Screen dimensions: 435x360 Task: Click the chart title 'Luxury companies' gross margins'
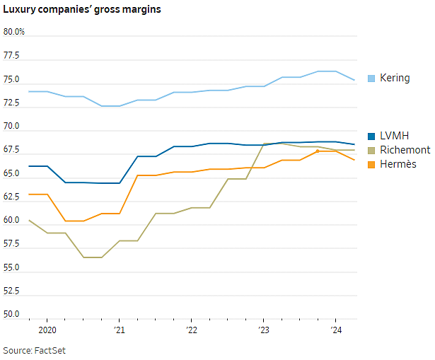click(82, 9)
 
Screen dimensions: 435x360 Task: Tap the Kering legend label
click(395, 78)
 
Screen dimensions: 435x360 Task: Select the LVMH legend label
click(394, 136)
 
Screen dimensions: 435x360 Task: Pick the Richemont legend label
click(405, 150)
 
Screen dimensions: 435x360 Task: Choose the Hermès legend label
click(398, 164)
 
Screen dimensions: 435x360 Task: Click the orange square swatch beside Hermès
click(371, 165)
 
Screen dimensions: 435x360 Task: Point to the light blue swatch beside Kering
click(371, 79)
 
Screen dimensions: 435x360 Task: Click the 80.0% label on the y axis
click(14, 32)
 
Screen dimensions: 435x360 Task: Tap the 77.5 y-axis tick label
click(11, 56)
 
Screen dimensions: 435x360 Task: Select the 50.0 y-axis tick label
click(11, 314)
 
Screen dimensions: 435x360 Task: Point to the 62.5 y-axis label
click(11, 197)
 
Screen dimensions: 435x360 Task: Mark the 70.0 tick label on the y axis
click(11, 126)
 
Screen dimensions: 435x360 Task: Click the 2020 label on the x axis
click(47, 330)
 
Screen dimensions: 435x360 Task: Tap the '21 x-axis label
click(120, 330)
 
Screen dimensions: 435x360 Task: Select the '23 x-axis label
click(264, 330)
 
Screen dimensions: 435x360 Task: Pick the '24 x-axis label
click(336, 330)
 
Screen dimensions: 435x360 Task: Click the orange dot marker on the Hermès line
click(318, 151)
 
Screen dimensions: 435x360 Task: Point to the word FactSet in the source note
click(50, 351)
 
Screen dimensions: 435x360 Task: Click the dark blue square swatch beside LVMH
click(371, 137)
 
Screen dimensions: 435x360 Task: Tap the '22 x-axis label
click(192, 330)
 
